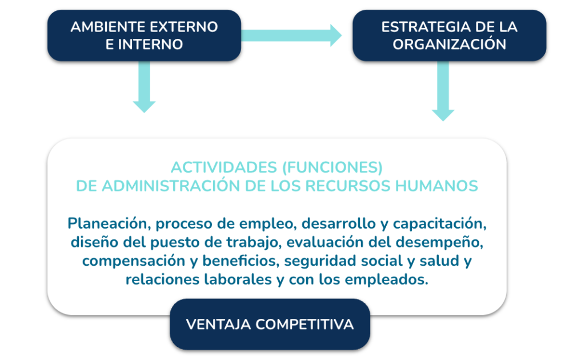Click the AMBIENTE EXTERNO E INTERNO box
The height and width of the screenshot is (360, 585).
click(x=144, y=35)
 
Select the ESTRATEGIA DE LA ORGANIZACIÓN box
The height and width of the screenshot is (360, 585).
click(x=449, y=35)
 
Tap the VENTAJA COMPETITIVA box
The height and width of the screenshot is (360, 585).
click(x=270, y=324)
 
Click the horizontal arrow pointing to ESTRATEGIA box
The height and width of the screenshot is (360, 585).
click(x=291, y=35)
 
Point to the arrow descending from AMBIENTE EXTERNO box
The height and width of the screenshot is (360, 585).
click(x=144, y=86)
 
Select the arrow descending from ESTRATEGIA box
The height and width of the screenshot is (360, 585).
click(x=443, y=91)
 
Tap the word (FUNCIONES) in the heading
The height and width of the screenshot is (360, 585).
click(x=332, y=167)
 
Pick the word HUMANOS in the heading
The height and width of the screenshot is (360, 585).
click(x=436, y=186)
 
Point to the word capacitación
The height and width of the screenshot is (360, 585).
click(x=439, y=223)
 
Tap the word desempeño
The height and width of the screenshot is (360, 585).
click(x=439, y=242)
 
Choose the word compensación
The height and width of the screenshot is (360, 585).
click(x=134, y=261)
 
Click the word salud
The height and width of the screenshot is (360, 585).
click(x=439, y=261)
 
